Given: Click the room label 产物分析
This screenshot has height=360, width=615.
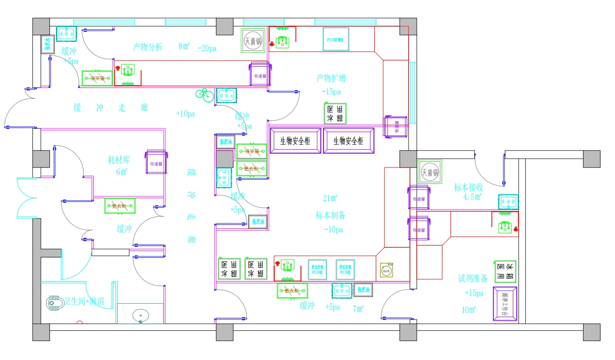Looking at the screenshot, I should pos(147,47).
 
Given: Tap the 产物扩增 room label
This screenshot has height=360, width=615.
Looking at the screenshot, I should pos(331,78).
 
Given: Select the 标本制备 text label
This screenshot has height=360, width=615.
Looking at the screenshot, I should pos(330,215).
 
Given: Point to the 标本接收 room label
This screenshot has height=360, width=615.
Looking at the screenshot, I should pos(469,187).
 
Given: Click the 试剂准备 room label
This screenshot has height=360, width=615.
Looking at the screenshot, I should pos(473,278).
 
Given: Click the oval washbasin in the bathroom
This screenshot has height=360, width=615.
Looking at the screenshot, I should pos(141,316).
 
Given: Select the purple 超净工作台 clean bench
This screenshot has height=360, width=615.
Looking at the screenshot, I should pos(505,304).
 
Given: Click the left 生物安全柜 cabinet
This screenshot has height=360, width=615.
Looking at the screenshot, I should pos(295,141).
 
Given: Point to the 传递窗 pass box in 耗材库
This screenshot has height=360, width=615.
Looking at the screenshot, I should pos(156,163).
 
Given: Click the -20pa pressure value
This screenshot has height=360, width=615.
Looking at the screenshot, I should pos(207,48).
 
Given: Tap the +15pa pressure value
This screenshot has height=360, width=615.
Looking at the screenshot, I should pos(474,293).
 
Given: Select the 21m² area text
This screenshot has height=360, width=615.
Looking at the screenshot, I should pos(330,198).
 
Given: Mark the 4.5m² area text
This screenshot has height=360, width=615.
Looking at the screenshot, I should pos(472,197).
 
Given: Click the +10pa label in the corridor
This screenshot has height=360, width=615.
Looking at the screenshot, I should pos(185,114).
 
